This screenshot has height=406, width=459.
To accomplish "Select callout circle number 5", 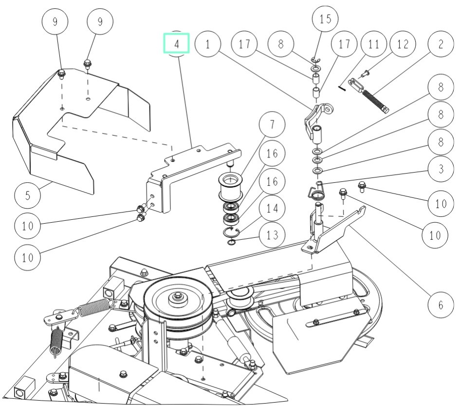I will [27, 196].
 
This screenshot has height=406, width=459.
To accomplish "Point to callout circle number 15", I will [325, 19].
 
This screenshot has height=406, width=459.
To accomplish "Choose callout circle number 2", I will [441, 44].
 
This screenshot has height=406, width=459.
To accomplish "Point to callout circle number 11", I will [373, 44].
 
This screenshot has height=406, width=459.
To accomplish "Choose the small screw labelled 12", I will [365, 74].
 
